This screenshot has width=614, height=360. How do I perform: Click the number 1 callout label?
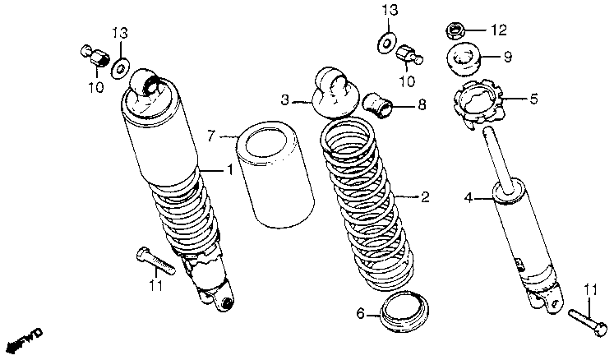pos(231,170)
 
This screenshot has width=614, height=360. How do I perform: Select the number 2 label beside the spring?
pos(425,197)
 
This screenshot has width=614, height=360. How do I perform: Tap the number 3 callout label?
pos(285,101)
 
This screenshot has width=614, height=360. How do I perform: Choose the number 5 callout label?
pos(533,99)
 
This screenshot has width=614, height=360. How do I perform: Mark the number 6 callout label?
pos(360,312)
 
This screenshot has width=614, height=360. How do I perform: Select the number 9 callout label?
pos(507,58)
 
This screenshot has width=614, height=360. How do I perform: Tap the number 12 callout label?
pos(500,30)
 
